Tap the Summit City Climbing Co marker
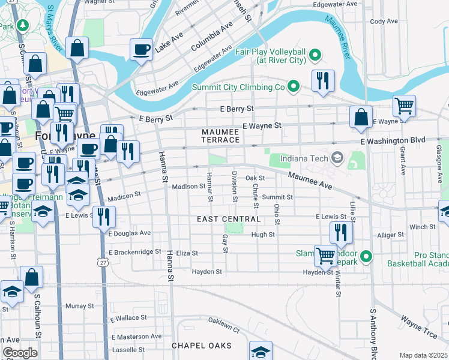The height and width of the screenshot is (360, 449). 294,87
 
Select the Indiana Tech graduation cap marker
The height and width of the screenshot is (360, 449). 337,158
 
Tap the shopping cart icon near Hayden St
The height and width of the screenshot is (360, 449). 325,255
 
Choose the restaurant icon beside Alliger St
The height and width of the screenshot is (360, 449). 341,232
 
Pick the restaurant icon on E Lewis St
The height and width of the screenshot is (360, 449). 105,217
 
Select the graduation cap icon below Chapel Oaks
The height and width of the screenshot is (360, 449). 261,352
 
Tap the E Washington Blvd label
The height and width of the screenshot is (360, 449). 393,140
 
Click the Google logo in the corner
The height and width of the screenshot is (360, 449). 20,353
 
